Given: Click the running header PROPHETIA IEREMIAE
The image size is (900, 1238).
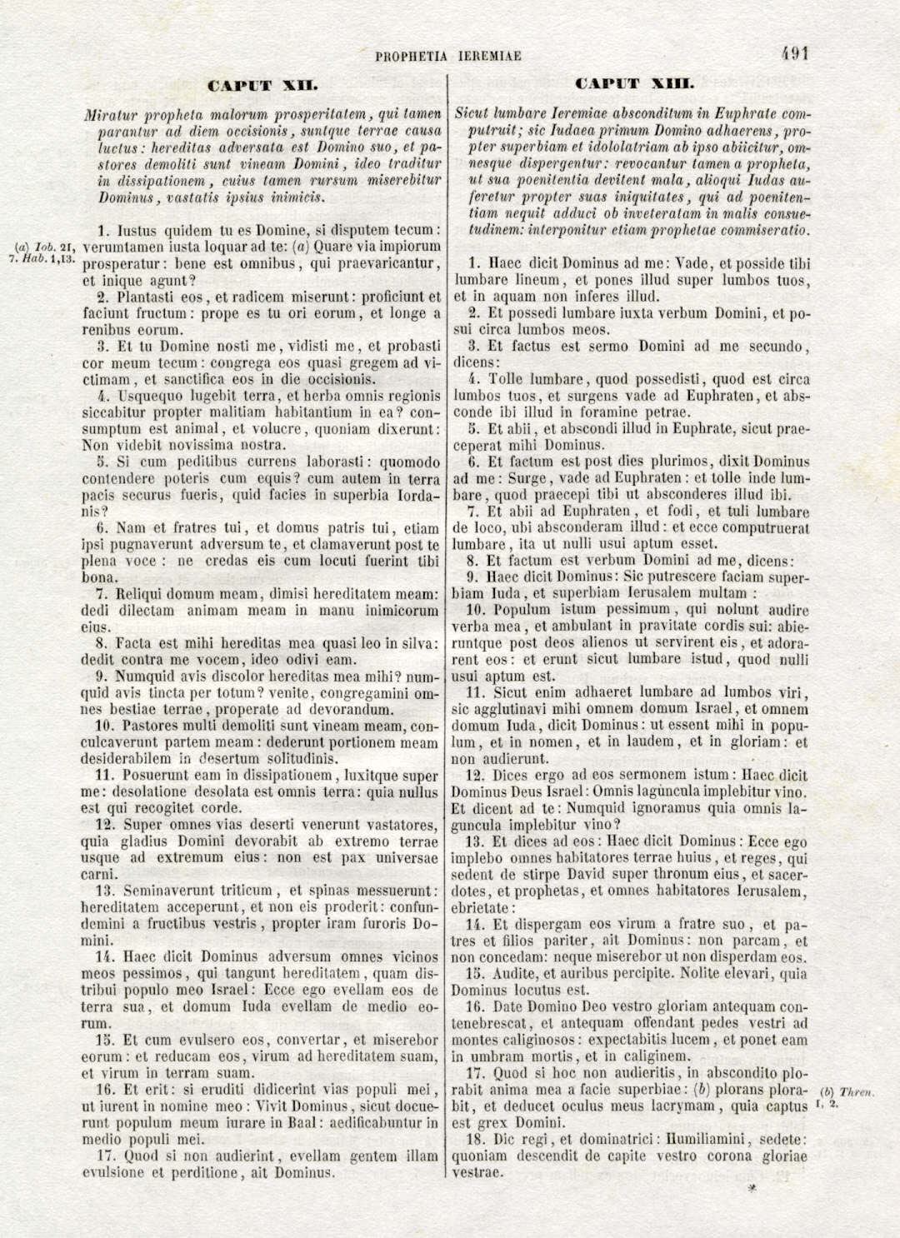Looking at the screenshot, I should [448, 57].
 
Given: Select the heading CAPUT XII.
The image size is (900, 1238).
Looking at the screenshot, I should [262, 85].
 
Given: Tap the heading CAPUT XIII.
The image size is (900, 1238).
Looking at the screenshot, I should [635, 83].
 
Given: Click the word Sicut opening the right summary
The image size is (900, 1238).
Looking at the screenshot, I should [472, 113].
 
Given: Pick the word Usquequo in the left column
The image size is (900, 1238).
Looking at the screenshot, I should [150, 395].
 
